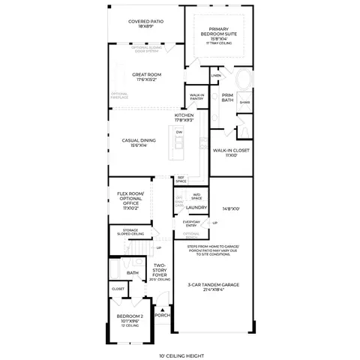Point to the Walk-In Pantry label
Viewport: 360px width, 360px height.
196,97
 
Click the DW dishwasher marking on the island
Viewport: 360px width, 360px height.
179,132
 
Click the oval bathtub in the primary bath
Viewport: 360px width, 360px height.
245,80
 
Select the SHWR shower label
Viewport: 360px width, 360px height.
244,102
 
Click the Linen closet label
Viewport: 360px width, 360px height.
216,76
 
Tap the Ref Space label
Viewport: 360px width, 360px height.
181,179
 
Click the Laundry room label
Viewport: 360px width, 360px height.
196,207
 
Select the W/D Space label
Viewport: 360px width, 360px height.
196,196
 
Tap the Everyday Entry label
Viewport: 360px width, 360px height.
191,223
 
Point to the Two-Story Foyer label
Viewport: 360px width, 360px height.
160,271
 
